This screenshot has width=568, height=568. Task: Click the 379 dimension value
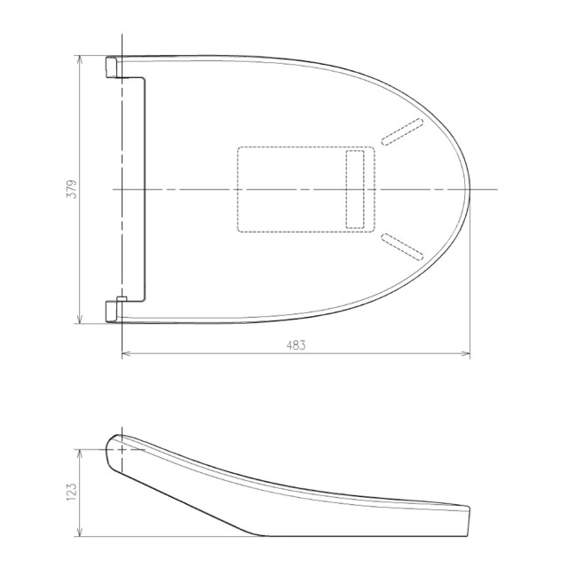click(x=72, y=189)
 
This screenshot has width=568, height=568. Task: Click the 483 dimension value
click(x=296, y=345)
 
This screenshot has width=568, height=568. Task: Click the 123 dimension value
click(x=72, y=492)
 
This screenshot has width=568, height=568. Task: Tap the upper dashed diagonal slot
click(x=402, y=132)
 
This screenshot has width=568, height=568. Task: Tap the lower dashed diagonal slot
click(x=402, y=247)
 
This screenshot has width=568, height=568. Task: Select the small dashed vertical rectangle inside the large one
click(x=355, y=189)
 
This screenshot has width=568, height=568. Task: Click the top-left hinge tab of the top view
click(x=111, y=67)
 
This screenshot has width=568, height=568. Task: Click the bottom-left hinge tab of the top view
click(x=111, y=312)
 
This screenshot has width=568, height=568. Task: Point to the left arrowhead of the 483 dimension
click(x=126, y=353)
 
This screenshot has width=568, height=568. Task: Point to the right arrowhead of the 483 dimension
click(x=466, y=353)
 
